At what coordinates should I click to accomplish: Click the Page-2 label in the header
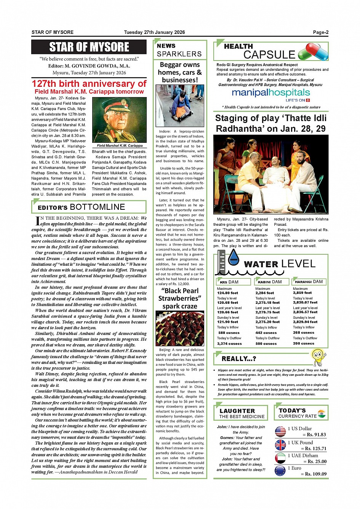coord(320,32)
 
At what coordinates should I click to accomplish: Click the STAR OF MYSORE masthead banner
coord(89,47)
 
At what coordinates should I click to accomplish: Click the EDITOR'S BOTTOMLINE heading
coord(82,207)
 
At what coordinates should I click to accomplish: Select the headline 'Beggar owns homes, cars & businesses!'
coord(180,72)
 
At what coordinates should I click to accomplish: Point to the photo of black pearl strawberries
coord(180,328)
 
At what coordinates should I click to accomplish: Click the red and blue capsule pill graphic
coord(313,51)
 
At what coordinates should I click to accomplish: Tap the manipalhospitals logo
coord(271,93)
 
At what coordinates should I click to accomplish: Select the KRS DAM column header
coord(229,282)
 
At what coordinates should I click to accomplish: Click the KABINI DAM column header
coord(270,282)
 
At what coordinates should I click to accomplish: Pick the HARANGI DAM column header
coord(309,282)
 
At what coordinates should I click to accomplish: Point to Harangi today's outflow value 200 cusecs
coord(304,343)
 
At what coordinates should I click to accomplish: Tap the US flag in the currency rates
coord(280,431)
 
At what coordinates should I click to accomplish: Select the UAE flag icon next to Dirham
coord(280,458)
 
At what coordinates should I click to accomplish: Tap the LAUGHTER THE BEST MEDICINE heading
coord(242,413)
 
